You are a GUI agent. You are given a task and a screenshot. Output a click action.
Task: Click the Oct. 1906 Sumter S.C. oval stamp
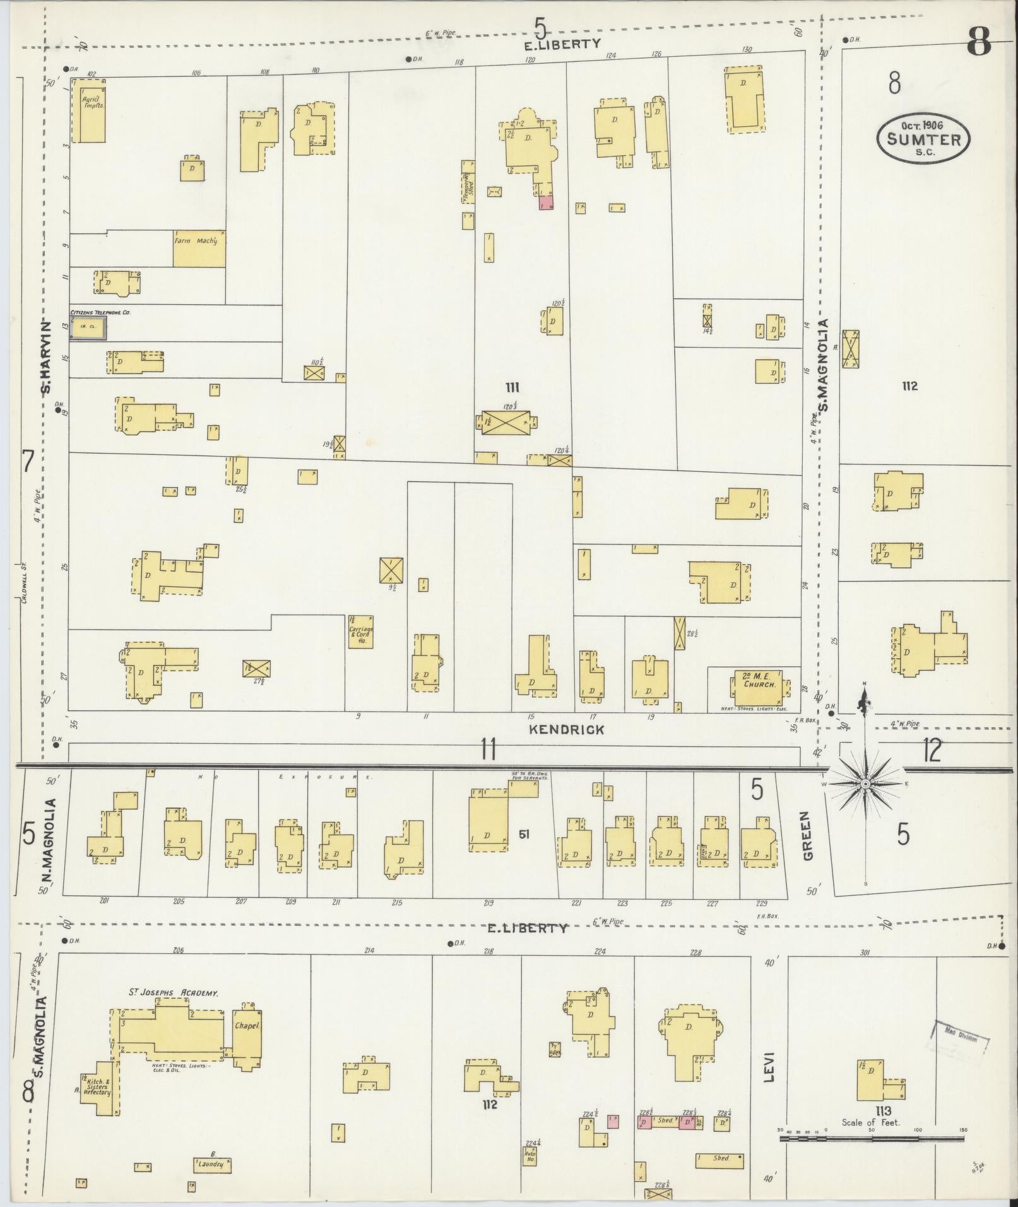click(923, 139)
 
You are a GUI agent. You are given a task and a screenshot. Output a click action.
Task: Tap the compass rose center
click(866, 784)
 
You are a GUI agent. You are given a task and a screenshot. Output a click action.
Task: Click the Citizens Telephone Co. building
click(88, 328)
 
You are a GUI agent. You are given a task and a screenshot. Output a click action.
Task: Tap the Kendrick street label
click(566, 729)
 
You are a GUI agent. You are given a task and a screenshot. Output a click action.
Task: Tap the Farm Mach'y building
click(199, 248)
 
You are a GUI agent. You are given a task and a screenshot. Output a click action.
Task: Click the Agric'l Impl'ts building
click(88, 110)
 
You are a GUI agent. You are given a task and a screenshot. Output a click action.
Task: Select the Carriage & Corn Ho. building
click(361, 632)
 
